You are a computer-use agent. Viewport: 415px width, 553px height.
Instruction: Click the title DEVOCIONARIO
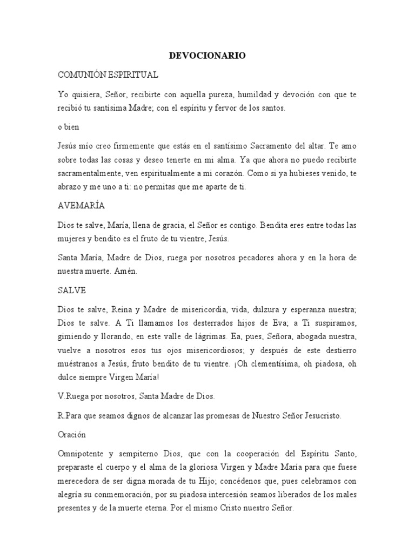(x=207, y=56)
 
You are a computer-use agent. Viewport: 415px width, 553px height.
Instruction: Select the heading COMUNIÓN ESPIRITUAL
(x=108, y=74)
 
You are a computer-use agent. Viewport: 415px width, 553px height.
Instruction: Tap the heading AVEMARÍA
(x=81, y=206)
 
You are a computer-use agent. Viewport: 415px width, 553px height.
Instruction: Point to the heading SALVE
(x=72, y=290)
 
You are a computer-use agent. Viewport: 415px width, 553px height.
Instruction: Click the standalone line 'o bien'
(x=69, y=127)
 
